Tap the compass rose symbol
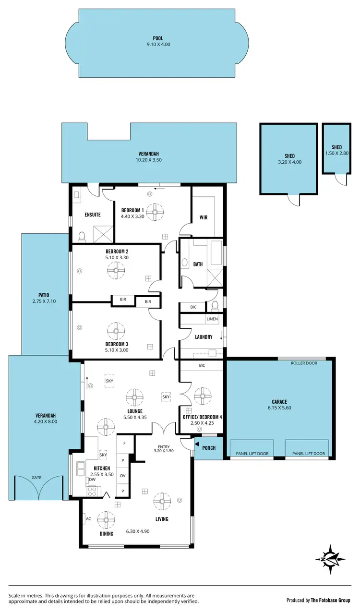331,559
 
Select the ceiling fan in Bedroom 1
155,212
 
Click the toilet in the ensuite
82,236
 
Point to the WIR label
204,217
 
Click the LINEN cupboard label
212,319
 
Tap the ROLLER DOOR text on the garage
304,363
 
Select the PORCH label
209,448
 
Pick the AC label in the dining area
88,519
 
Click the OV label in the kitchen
122,475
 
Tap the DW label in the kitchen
92,480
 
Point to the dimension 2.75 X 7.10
44,301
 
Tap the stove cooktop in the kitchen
92,491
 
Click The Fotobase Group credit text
331,600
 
